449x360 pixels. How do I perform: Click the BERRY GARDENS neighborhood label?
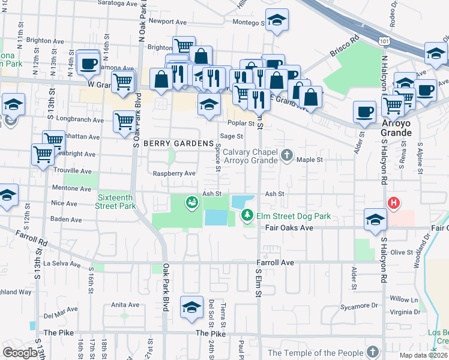click(x=178, y=144)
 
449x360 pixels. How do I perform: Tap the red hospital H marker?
click(x=394, y=203)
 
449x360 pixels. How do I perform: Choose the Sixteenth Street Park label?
click(x=115, y=200)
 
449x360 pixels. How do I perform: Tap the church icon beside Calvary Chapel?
click(x=287, y=155)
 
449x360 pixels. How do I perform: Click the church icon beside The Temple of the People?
click(x=373, y=352)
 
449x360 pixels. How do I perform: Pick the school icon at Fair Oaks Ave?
click(x=376, y=219)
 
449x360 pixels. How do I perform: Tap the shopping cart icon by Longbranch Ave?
click(x=125, y=121)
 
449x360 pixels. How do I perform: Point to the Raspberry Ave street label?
click(x=174, y=173)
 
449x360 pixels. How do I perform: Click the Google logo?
click(x=20, y=353)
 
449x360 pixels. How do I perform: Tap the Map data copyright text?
click(x=423, y=355)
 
